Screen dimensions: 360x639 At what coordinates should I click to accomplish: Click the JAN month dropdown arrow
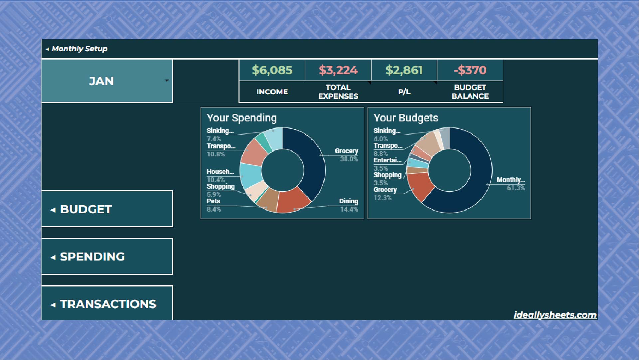point(167,81)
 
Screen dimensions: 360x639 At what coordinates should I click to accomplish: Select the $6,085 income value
point(272,70)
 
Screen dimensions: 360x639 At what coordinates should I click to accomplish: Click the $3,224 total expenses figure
point(338,70)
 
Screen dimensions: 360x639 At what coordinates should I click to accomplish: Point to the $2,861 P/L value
point(404,70)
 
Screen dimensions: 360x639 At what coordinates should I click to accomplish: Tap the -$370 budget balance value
point(470,70)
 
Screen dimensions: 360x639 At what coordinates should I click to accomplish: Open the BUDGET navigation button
point(107,209)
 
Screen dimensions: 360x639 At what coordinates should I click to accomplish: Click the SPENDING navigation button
point(107,257)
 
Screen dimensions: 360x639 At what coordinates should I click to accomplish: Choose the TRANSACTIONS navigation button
point(107,303)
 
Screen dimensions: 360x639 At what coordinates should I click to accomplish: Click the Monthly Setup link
point(79,49)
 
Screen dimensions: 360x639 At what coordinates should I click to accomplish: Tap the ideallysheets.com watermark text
point(555,315)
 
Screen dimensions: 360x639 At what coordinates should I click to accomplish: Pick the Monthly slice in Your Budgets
point(479,180)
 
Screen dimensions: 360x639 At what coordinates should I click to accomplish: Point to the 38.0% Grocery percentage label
point(349,159)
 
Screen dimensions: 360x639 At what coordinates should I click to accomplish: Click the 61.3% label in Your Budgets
point(516,188)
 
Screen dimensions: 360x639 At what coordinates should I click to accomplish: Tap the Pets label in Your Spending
point(213,201)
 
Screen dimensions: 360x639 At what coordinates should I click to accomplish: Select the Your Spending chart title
point(241,118)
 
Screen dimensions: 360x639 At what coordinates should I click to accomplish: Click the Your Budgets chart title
point(406,118)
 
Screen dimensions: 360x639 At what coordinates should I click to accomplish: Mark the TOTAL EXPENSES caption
point(338,91)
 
